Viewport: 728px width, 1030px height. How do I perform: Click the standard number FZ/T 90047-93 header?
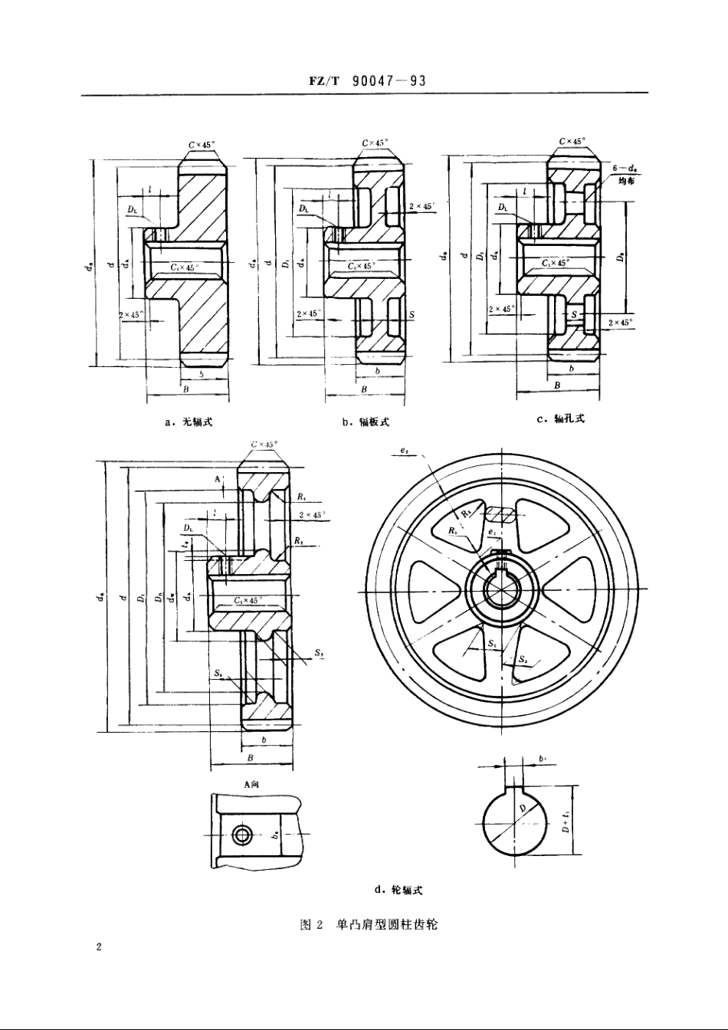[x=364, y=81]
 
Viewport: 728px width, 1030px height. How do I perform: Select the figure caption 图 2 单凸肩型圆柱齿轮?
[x=368, y=925]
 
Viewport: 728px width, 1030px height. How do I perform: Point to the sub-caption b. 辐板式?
[x=366, y=422]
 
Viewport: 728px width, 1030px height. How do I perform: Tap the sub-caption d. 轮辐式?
[x=398, y=890]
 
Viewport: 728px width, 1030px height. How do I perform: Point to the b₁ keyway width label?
[x=542, y=759]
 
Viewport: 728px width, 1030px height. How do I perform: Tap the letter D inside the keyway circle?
[x=522, y=809]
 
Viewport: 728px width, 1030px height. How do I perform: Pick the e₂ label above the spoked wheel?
[x=404, y=451]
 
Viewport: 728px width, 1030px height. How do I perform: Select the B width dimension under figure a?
[x=187, y=389]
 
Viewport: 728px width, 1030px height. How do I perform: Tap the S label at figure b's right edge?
[x=412, y=315]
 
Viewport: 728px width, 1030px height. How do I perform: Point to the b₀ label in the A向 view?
[x=274, y=836]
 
